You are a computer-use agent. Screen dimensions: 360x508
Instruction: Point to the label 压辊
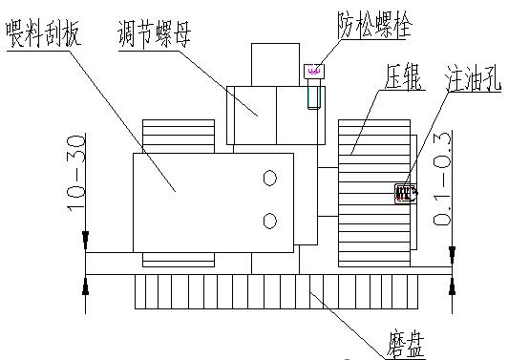400,77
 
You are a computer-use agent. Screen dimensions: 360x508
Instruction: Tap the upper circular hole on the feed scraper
270,178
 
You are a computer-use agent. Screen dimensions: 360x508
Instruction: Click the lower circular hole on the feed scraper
270,221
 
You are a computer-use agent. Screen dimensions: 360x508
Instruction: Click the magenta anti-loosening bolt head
313,70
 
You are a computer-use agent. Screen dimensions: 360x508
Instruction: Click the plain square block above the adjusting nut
274,63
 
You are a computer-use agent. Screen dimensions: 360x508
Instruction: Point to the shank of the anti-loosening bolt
314,94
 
